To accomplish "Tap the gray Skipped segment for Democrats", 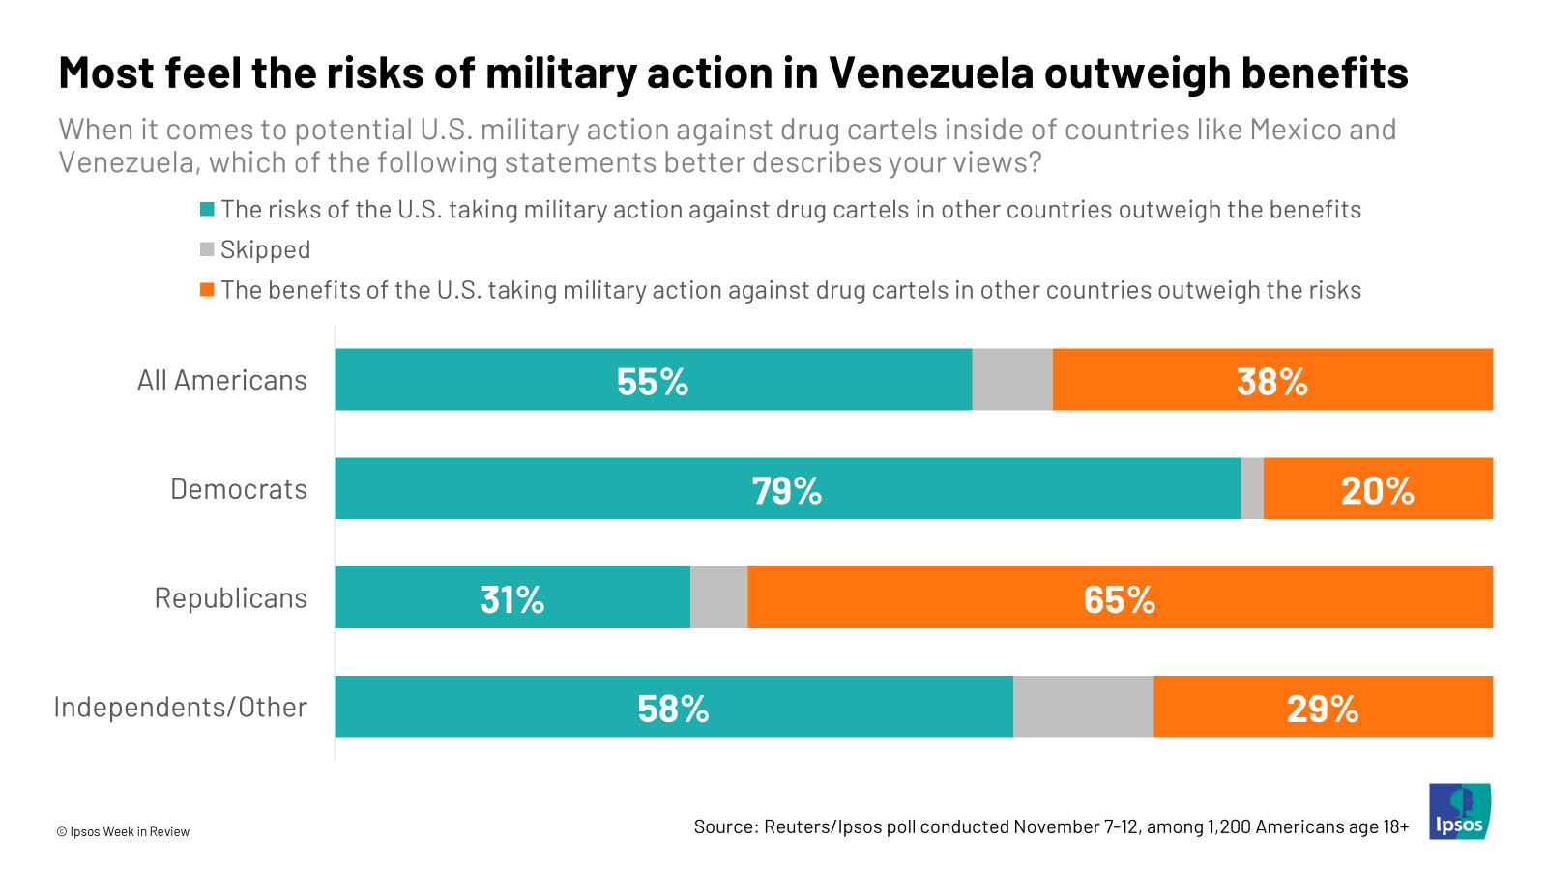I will click(1252, 488).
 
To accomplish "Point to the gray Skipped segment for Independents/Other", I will click(1083, 707).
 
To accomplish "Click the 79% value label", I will click(787, 491).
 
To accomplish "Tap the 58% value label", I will click(673, 710).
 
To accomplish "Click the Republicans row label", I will click(231, 598).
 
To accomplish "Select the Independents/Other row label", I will click(181, 708).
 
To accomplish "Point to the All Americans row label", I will click(222, 381).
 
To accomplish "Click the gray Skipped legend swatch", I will click(207, 249).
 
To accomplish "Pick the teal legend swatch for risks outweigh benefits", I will click(207, 210).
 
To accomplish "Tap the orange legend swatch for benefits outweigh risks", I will click(207, 290).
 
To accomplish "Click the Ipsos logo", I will click(1460, 811).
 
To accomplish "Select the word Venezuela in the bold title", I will click(931, 73).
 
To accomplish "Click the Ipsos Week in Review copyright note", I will click(123, 831).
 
